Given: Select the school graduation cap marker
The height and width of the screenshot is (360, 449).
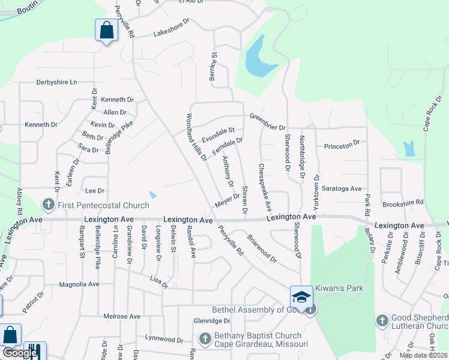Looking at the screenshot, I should (301, 297).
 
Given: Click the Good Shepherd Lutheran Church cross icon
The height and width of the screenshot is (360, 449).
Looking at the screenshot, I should (382, 320).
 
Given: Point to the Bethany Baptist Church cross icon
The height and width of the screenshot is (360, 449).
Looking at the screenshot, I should (205, 339).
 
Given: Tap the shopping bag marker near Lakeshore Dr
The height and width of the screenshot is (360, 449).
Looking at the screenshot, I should (106, 30).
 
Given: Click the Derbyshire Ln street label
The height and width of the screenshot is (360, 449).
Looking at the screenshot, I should (57, 82).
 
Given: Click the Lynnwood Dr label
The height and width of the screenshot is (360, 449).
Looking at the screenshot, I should (164, 340).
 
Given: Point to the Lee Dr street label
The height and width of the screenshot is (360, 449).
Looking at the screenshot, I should (95, 191).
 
